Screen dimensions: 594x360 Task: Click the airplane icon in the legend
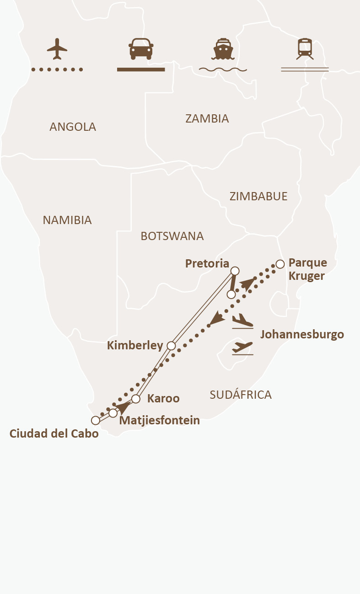tap(57, 48)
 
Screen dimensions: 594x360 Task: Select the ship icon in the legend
tap(223, 48)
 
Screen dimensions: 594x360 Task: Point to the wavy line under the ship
tap(223, 70)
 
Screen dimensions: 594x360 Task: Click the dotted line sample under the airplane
tap(57, 70)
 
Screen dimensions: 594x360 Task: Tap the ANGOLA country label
tap(73, 127)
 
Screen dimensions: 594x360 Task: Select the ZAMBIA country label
tap(207, 119)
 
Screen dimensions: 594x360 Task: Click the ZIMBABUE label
tap(258, 197)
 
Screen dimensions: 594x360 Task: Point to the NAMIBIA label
tap(67, 220)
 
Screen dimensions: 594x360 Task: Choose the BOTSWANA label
tap(172, 236)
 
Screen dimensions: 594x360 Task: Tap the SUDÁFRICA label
tap(241, 395)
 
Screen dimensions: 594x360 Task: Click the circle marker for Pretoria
tap(235, 271)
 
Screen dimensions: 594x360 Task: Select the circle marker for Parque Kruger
tap(280, 264)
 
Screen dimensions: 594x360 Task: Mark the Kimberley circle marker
tap(171, 346)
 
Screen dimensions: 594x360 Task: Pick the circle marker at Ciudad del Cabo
tap(95, 420)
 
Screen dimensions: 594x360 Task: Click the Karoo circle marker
tap(135, 399)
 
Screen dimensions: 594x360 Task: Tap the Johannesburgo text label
tap(302, 335)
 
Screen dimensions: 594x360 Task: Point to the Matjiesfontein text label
tap(159, 421)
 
